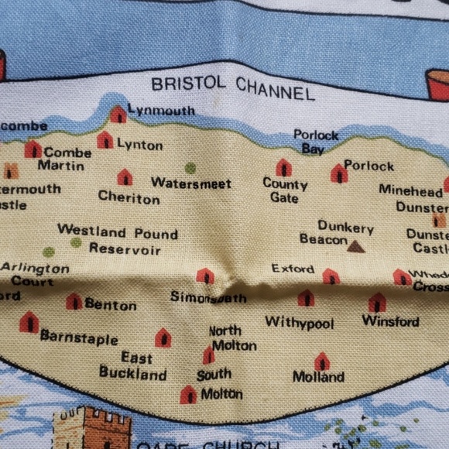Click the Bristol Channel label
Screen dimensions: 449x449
[233, 87]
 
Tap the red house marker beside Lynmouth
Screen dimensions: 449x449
[118, 115]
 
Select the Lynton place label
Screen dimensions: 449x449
[139, 145]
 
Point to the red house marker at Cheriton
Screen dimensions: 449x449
[125, 177]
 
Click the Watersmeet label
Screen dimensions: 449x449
[190, 183]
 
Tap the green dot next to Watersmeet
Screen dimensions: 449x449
[190, 167]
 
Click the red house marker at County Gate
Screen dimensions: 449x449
[284, 167]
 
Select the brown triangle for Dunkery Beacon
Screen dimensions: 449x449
[355, 246]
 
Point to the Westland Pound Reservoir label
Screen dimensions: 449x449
[118, 240]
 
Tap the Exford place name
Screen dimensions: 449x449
[293, 269]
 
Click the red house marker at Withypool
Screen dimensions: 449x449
[306, 298]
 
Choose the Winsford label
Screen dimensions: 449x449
[390, 320]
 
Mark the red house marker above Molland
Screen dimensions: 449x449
[322, 361]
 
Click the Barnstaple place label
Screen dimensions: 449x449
[79, 338]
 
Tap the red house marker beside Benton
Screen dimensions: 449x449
[74, 301]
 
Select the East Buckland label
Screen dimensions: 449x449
[133, 366]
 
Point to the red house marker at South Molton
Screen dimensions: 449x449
[188, 395]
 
